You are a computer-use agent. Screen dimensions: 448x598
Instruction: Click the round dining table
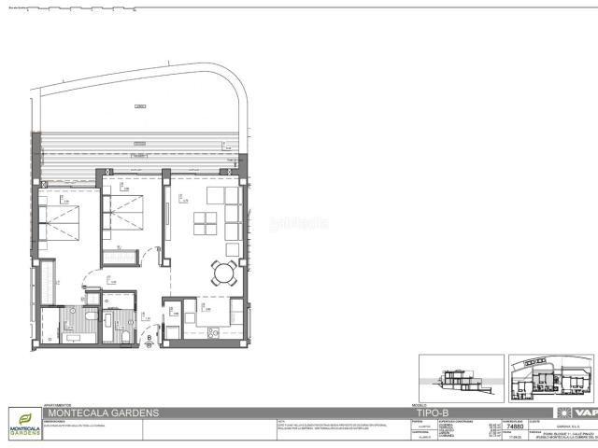point(222,273)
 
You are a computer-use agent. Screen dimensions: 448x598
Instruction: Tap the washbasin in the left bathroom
point(85,319)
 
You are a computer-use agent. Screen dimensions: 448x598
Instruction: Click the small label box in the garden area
point(140,106)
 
